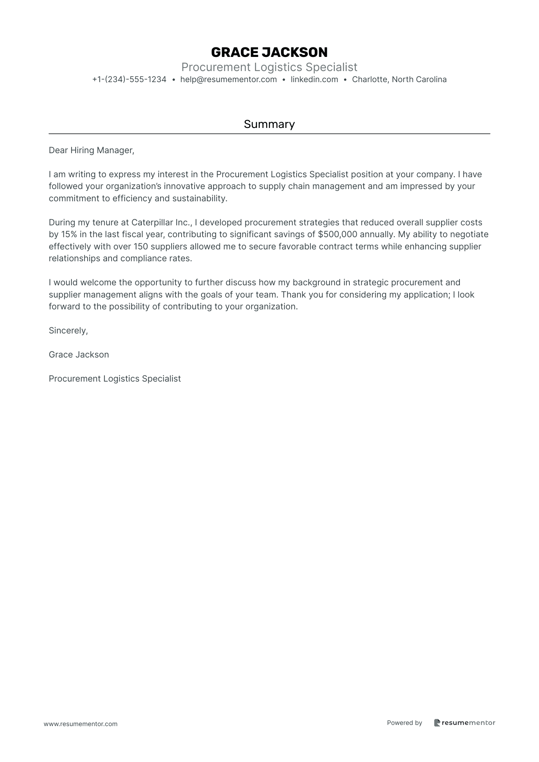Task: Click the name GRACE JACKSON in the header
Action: click(x=269, y=52)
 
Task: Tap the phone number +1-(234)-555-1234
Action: click(x=129, y=79)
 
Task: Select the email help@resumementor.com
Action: click(x=228, y=79)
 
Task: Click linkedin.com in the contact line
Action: click(x=314, y=79)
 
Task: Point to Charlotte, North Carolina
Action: click(x=399, y=79)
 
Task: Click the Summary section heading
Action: click(x=269, y=124)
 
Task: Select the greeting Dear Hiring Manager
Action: click(x=91, y=150)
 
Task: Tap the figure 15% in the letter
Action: click(x=69, y=235)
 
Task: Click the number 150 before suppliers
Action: click(x=141, y=246)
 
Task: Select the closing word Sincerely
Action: click(x=68, y=331)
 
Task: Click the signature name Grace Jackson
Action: click(x=79, y=355)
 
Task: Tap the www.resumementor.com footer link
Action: click(x=81, y=724)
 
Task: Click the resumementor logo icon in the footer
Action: click(x=437, y=723)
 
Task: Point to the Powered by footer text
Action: click(x=404, y=723)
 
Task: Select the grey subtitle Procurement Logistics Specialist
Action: click(x=269, y=67)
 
